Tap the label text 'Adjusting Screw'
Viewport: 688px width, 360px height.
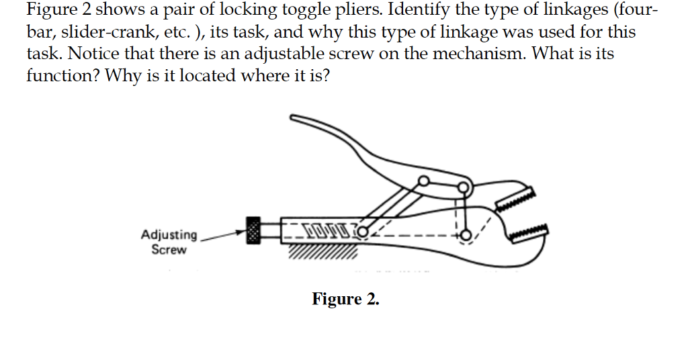click(x=169, y=242)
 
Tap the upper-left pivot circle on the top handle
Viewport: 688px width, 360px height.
click(x=423, y=181)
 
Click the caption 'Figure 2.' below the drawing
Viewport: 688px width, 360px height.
click(x=345, y=299)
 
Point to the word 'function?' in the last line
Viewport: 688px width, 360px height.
click(x=56, y=75)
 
